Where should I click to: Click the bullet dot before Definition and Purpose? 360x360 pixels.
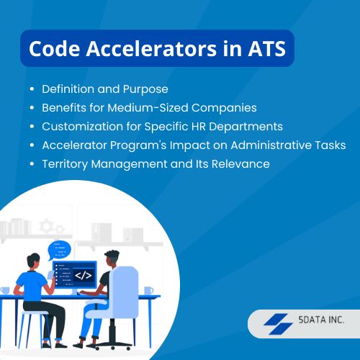point(32,89)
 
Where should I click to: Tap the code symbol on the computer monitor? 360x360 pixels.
point(83,275)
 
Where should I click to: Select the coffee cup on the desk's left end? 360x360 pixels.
point(5,290)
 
